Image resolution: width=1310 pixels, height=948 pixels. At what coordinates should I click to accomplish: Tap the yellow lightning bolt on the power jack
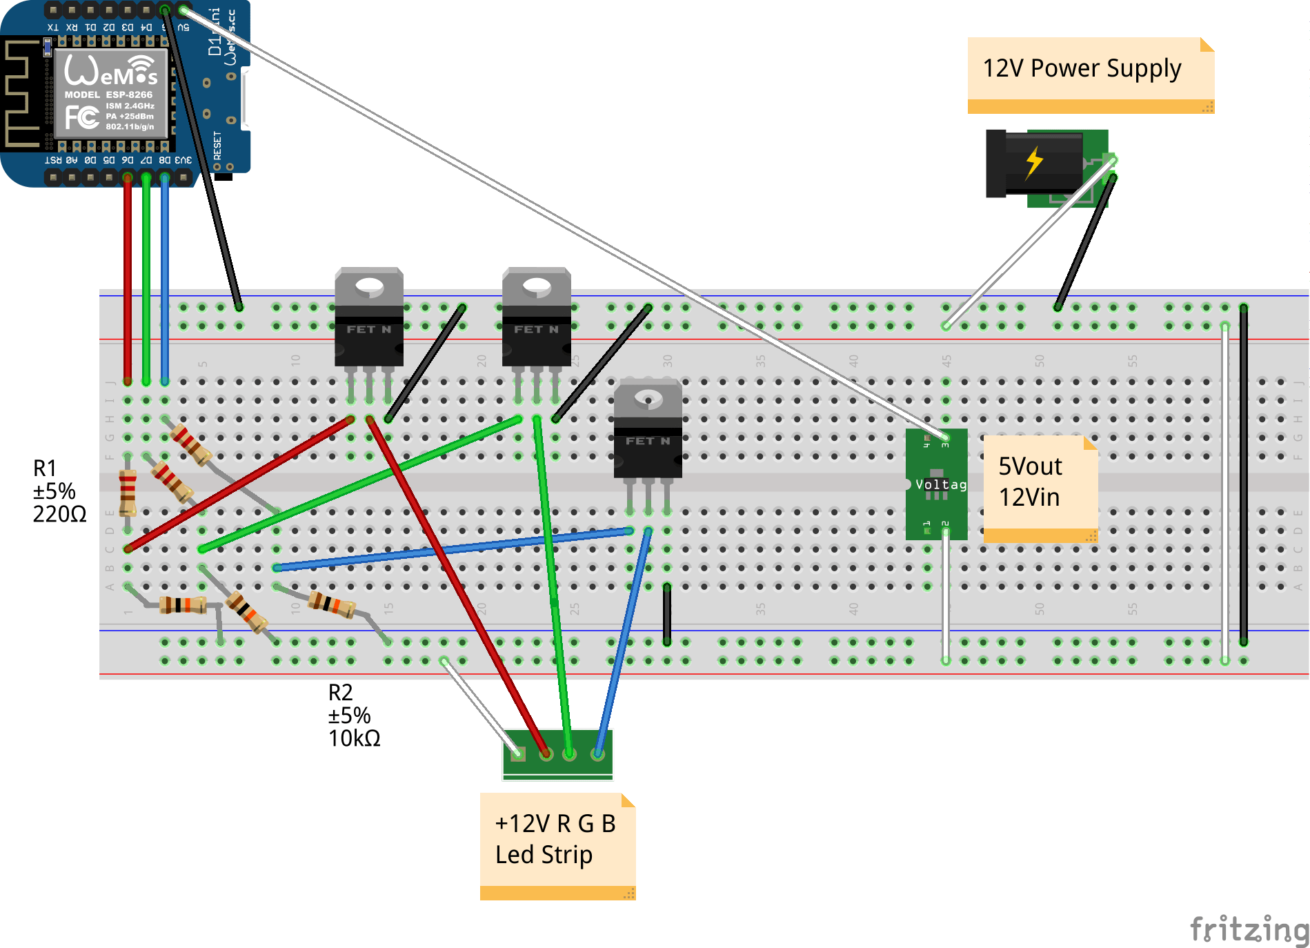[1033, 163]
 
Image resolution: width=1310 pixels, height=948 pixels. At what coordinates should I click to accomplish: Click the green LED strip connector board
[557, 754]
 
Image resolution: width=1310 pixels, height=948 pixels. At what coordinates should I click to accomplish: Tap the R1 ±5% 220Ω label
[58, 491]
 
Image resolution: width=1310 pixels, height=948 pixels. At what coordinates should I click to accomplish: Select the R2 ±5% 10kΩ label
[353, 715]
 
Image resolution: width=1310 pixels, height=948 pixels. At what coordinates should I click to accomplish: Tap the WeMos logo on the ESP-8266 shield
[110, 70]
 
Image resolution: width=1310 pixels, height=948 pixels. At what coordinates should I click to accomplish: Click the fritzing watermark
[1249, 929]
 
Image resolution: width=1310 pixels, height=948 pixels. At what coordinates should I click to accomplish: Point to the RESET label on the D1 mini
[218, 146]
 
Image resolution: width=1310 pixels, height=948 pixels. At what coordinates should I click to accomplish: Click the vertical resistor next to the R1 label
[128, 492]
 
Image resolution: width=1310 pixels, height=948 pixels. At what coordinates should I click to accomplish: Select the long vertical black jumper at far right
[1243, 476]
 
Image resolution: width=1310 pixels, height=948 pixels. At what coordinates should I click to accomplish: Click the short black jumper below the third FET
[667, 614]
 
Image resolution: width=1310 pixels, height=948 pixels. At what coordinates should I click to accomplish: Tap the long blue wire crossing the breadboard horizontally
[455, 549]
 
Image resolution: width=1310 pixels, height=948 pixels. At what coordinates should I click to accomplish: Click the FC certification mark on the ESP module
[82, 117]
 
